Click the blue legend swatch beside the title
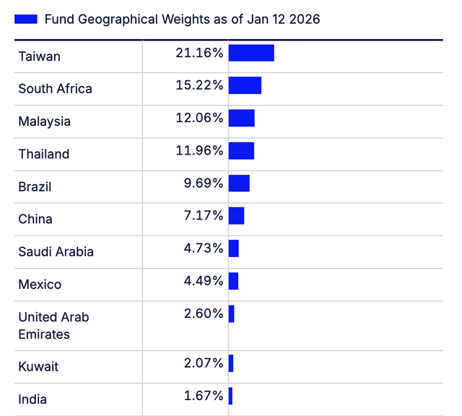click(26, 19)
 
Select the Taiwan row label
click(40, 56)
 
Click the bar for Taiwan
click(251, 53)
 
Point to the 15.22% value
click(199, 85)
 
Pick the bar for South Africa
click(245, 85)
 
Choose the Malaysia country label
click(45, 121)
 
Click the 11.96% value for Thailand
click(199, 151)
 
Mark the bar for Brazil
click(239, 183)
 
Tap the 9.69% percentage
click(204, 183)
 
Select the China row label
click(35, 219)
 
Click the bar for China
click(236, 216)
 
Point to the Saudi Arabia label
click(56, 252)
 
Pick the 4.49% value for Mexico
click(204, 281)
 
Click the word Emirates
click(44, 334)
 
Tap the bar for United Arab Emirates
click(231, 314)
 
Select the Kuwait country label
click(38, 366)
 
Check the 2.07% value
click(204, 363)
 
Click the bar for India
click(230, 396)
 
